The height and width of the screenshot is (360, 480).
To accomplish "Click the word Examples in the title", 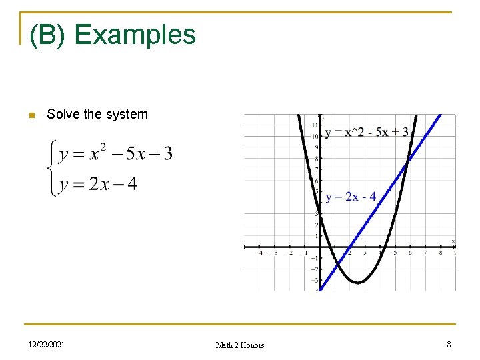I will tap(135, 35).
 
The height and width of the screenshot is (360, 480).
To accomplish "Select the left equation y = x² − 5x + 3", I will tap(115, 154).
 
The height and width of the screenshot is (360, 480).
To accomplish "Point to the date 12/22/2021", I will tap(47, 344).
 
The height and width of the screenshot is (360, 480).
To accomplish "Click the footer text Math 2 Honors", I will tap(240, 345).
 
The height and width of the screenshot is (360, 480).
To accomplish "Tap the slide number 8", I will tap(449, 344).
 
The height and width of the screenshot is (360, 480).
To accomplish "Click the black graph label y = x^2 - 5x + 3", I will tap(367, 132).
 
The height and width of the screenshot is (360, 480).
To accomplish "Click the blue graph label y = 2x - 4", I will tap(351, 197).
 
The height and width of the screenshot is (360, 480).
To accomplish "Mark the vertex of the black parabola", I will tap(358, 283).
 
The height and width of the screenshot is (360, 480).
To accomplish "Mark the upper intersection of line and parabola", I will tap(407, 161).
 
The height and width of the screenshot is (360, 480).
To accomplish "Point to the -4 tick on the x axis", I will tap(259, 253).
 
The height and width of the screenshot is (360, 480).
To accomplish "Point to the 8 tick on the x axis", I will tap(441, 253).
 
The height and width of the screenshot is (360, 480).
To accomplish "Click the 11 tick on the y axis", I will tap(315, 125).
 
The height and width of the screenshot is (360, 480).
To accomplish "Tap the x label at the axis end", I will tap(453, 241).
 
